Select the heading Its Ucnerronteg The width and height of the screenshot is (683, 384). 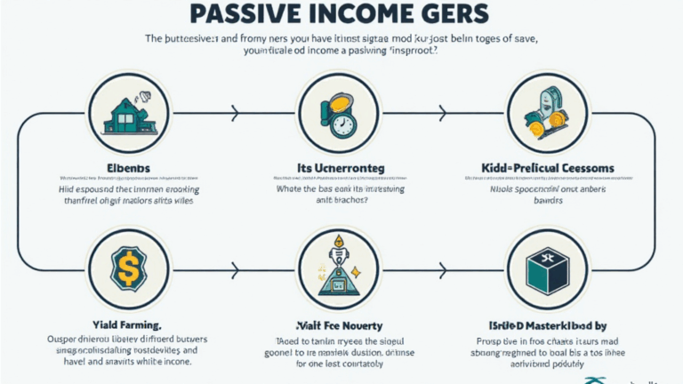(x=342, y=169)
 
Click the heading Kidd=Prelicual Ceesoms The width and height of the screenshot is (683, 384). (x=546, y=169)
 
